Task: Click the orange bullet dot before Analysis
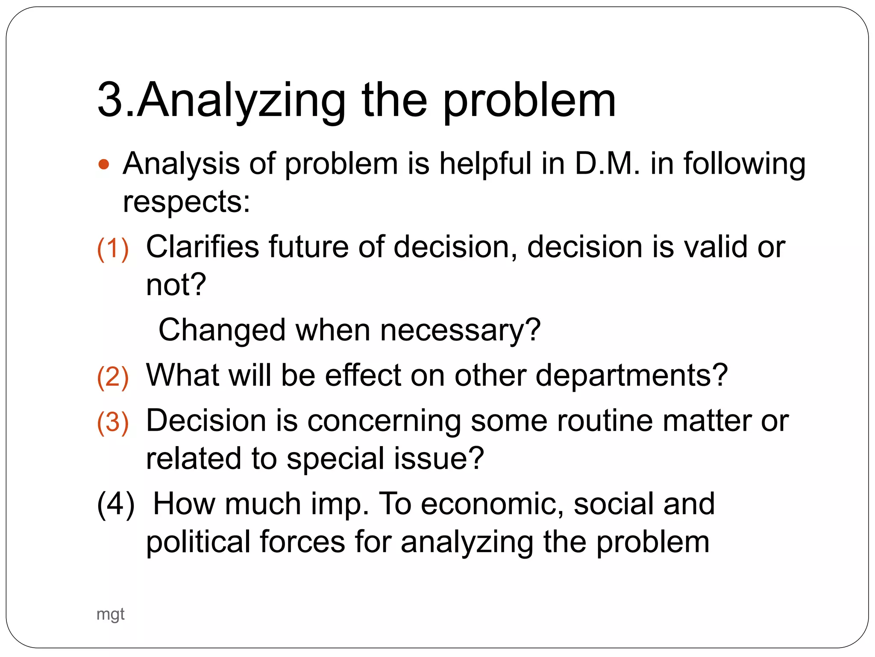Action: (x=104, y=164)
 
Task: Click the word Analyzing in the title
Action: (x=241, y=101)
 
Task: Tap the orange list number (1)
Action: (x=113, y=249)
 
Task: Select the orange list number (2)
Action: (x=113, y=377)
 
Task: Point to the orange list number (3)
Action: (x=113, y=422)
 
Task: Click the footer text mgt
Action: (x=110, y=614)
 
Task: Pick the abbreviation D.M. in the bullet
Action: (x=607, y=163)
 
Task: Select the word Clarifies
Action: (x=203, y=247)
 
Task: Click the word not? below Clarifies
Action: (x=176, y=285)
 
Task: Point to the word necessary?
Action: (x=460, y=330)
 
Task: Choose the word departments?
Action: (x=631, y=375)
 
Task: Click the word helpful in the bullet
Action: (x=485, y=163)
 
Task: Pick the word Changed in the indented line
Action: (x=222, y=330)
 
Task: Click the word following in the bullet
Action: (x=744, y=163)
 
